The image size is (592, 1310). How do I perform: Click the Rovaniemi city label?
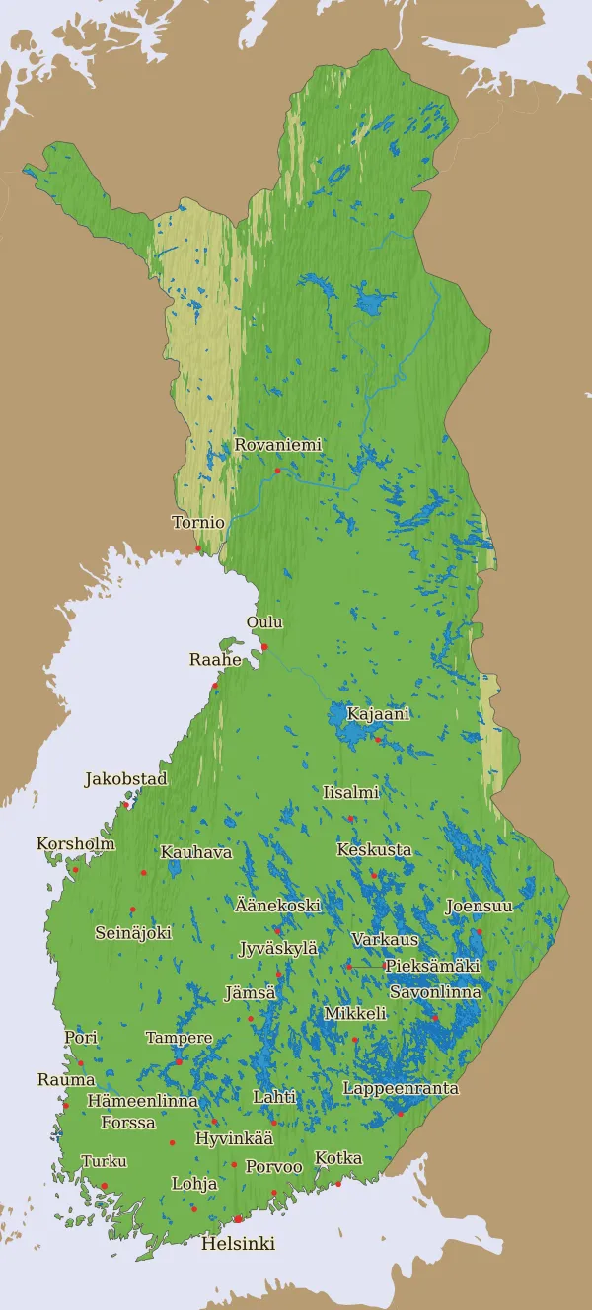(277, 445)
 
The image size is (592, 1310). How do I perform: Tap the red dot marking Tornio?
(198, 548)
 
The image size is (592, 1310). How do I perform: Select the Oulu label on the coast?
(264, 622)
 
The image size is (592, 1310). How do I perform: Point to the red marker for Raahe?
(214, 686)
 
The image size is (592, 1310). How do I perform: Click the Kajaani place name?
(378, 713)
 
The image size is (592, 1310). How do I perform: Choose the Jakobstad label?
(125, 779)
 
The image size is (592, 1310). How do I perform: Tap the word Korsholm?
(76, 844)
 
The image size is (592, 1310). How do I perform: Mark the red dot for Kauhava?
(143, 873)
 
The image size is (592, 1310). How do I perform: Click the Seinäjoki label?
(133, 932)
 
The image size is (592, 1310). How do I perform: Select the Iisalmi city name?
(350, 792)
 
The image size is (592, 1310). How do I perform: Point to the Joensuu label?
(479, 906)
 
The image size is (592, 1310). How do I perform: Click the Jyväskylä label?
(278, 948)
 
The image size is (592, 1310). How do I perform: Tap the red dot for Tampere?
(179, 1061)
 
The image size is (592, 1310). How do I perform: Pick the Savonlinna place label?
(435, 992)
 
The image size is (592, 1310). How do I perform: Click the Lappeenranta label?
(401, 1088)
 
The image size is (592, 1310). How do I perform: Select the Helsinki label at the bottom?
(238, 1244)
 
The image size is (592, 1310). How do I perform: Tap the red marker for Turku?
(104, 1186)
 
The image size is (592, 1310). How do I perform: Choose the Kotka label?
(338, 1158)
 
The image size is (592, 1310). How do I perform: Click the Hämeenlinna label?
(142, 1101)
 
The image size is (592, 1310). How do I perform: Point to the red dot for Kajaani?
(378, 738)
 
